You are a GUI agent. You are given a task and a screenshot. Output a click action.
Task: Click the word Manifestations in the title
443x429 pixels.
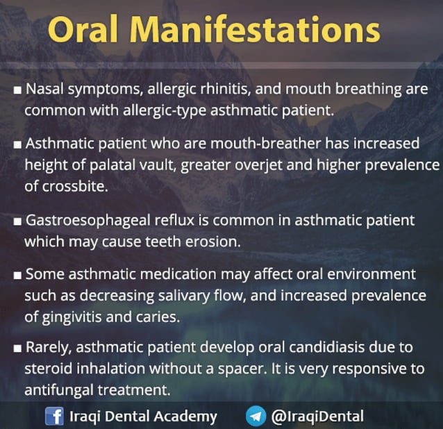(264, 30)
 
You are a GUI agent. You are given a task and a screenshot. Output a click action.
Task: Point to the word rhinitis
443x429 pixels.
(218, 90)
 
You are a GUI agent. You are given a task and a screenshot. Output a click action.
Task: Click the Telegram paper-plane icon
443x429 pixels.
(256, 417)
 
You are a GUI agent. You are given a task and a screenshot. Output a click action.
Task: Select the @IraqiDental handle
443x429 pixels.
(317, 417)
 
